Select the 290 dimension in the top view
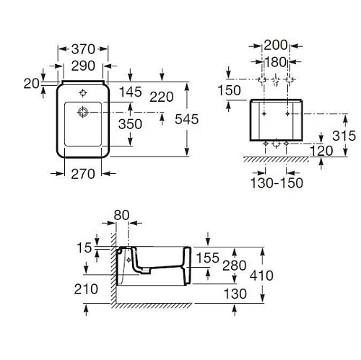pos(82,64)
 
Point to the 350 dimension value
pos(151,124)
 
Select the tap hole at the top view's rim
pos(83,93)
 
